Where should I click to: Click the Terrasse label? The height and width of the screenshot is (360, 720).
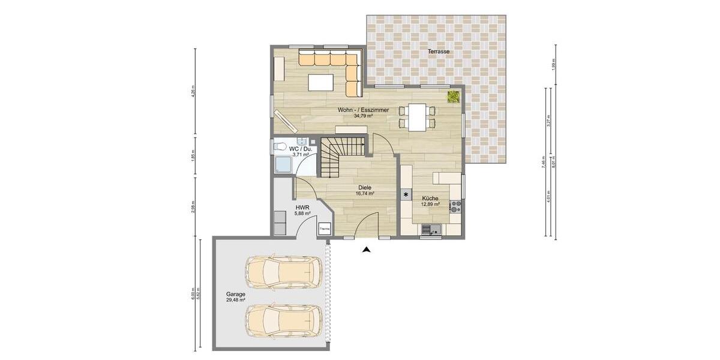click(439, 52)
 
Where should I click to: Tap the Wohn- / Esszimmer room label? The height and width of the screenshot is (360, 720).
click(363, 110)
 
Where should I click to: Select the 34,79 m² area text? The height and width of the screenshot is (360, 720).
click(363, 116)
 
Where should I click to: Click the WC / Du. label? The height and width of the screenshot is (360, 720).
click(300, 148)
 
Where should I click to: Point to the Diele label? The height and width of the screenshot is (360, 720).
click(365, 187)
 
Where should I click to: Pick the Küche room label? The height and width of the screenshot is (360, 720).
click(430, 198)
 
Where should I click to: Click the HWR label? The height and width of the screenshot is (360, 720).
click(302, 207)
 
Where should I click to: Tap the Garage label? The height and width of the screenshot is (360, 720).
click(235, 294)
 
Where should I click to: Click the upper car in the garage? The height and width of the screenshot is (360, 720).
click(283, 273)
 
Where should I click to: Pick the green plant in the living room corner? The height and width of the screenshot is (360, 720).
click(454, 97)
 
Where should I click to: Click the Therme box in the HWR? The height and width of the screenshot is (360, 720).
click(325, 228)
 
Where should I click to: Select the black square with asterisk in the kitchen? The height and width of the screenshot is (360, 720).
click(406, 194)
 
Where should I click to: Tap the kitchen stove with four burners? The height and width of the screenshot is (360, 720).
click(455, 206)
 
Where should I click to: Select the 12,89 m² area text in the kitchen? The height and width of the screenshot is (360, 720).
click(430, 204)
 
